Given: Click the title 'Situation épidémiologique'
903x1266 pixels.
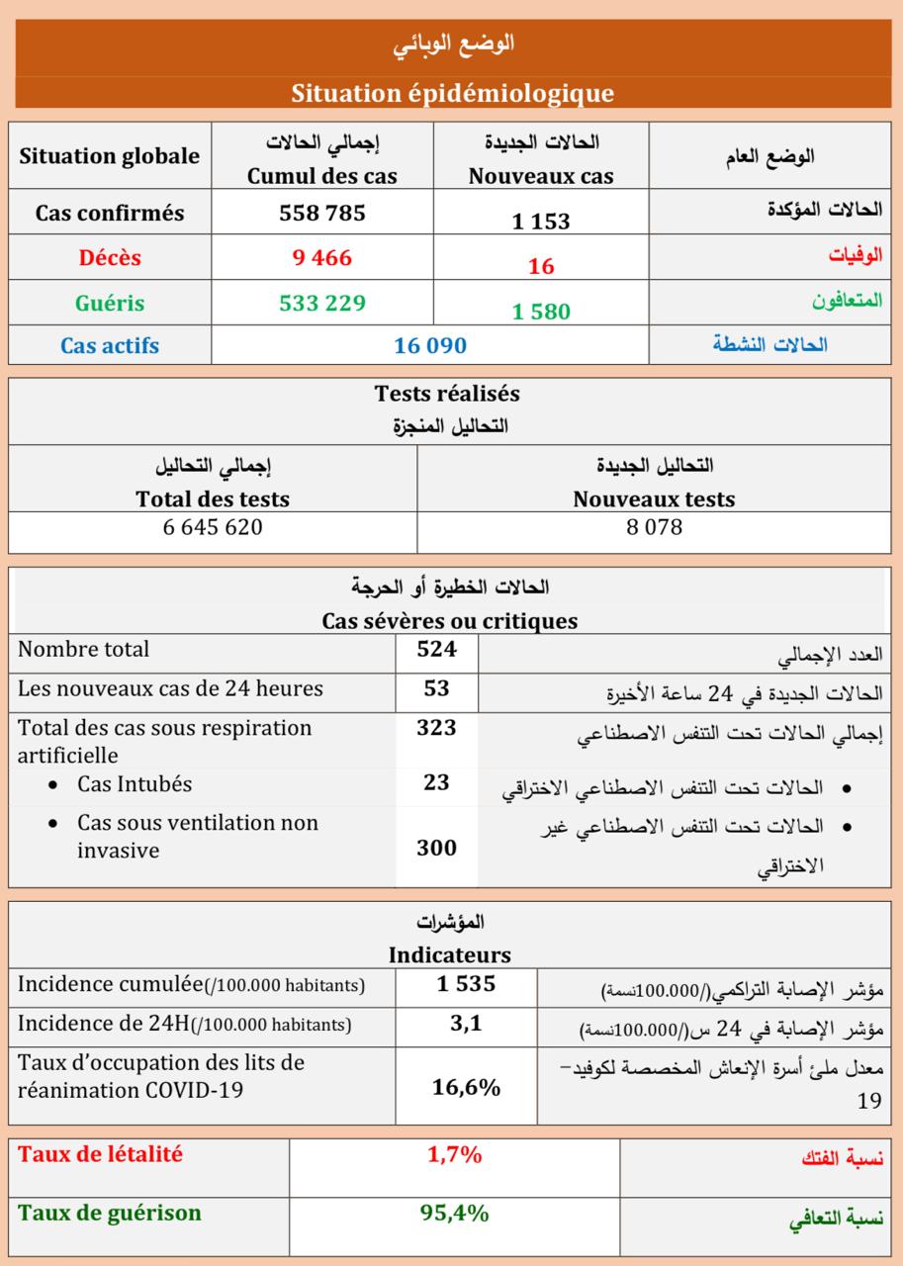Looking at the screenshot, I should [452, 93].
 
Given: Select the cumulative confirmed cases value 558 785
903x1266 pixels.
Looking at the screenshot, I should [322, 213].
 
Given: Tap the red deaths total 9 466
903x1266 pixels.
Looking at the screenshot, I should [322, 258].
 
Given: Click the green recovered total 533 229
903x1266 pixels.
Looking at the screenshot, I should [322, 303].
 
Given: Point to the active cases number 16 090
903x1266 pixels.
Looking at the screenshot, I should [429, 346].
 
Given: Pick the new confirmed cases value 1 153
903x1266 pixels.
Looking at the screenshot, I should [541, 222].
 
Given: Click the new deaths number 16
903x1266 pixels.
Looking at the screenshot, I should [541, 266].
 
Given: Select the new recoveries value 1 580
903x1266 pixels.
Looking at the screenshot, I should [541, 311].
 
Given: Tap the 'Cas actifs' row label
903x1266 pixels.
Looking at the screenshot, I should [110, 346].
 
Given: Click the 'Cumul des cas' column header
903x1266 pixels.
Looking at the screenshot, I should [322, 176].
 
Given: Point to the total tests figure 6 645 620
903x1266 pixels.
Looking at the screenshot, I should [213, 527].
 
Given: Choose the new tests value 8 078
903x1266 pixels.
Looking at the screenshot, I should [654, 527].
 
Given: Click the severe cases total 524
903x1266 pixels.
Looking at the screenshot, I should [436, 650].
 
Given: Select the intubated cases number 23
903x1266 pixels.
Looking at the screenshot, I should [436, 783].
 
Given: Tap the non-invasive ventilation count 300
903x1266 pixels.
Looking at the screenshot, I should [436, 848].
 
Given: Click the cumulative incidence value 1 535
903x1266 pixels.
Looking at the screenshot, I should [466, 984].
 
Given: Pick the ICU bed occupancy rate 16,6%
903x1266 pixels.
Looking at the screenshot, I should [466, 1088].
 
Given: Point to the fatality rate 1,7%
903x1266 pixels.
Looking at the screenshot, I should [454, 1154].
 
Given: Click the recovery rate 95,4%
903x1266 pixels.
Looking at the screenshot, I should [454, 1213].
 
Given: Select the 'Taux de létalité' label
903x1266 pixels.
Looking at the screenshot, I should [101, 1154].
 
